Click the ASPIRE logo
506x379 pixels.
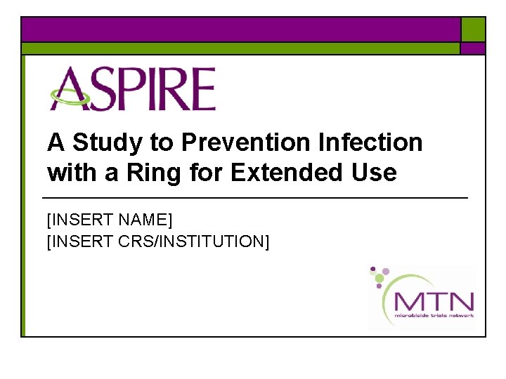point(131,88)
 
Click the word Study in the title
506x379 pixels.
point(107,142)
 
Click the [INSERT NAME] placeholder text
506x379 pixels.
point(109,220)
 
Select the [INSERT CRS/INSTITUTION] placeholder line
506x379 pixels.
point(157,241)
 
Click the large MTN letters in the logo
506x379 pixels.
point(434,302)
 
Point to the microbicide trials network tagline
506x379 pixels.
point(434,316)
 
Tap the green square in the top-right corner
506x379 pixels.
point(473,29)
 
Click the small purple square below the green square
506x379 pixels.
point(473,48)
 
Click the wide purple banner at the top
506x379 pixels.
point(240,29)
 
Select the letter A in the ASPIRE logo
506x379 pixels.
point(67,88)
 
